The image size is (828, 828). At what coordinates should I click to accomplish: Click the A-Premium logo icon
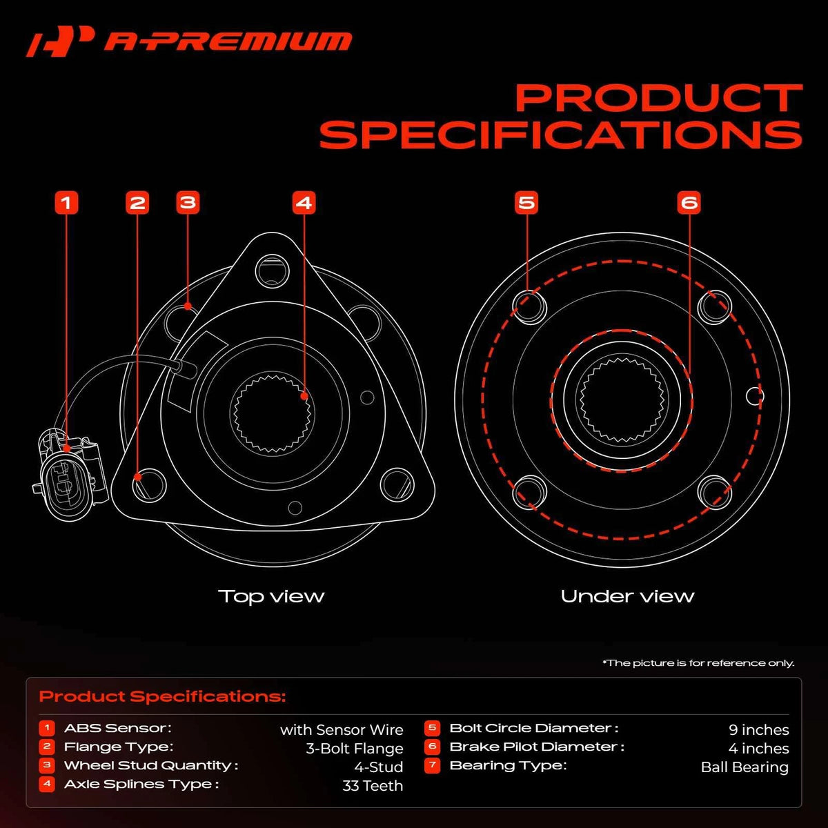(60, 41)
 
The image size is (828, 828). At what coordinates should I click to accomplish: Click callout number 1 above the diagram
(67, 203)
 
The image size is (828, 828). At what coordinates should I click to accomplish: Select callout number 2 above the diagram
(137, 203)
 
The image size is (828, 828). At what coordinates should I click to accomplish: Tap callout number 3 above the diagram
(188, 203)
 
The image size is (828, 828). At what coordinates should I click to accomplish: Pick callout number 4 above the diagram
(304, 203)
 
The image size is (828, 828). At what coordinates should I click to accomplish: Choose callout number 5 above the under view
(526, 203)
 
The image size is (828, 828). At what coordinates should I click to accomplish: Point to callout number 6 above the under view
(689, 203)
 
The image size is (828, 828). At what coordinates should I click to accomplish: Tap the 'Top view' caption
(271, 596)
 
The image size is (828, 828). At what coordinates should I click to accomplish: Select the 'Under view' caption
(627, 596)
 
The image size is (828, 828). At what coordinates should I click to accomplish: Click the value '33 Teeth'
(373, 786)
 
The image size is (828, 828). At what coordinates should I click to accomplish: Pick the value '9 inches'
(759, 730)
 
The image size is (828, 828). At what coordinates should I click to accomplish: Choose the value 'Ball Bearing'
(745, 767)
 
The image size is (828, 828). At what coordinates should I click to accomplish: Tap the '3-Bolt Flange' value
(355, 749)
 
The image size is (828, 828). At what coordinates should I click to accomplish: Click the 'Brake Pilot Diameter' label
(537, 747)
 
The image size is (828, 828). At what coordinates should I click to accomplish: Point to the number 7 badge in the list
(432, 766)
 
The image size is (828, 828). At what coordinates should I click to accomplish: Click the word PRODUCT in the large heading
(659, 98)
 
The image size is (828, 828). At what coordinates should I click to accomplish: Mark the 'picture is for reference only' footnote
(698, 663)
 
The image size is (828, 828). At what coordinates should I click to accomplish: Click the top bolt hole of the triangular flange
(273, 270)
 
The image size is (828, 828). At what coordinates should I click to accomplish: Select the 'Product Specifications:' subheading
(162, 696)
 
